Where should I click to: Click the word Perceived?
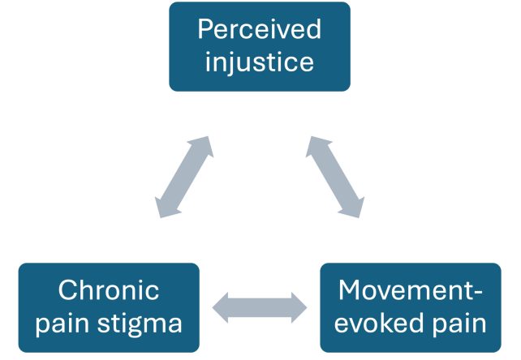pos(260,29)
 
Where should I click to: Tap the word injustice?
pos(260,62)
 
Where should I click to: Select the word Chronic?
pos(109,289)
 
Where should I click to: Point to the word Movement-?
pos(411,290)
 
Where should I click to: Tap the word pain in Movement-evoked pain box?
pos(459,324)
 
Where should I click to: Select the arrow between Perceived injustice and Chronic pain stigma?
pos(184,177)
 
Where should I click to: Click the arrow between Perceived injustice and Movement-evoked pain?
pos(335,177)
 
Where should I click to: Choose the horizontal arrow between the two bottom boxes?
pos(260,307)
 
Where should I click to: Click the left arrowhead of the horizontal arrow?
pos(220,307)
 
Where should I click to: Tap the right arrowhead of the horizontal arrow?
pos(299,307)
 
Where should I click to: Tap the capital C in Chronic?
pos(67,290)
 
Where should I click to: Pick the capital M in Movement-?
pos(349,290)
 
